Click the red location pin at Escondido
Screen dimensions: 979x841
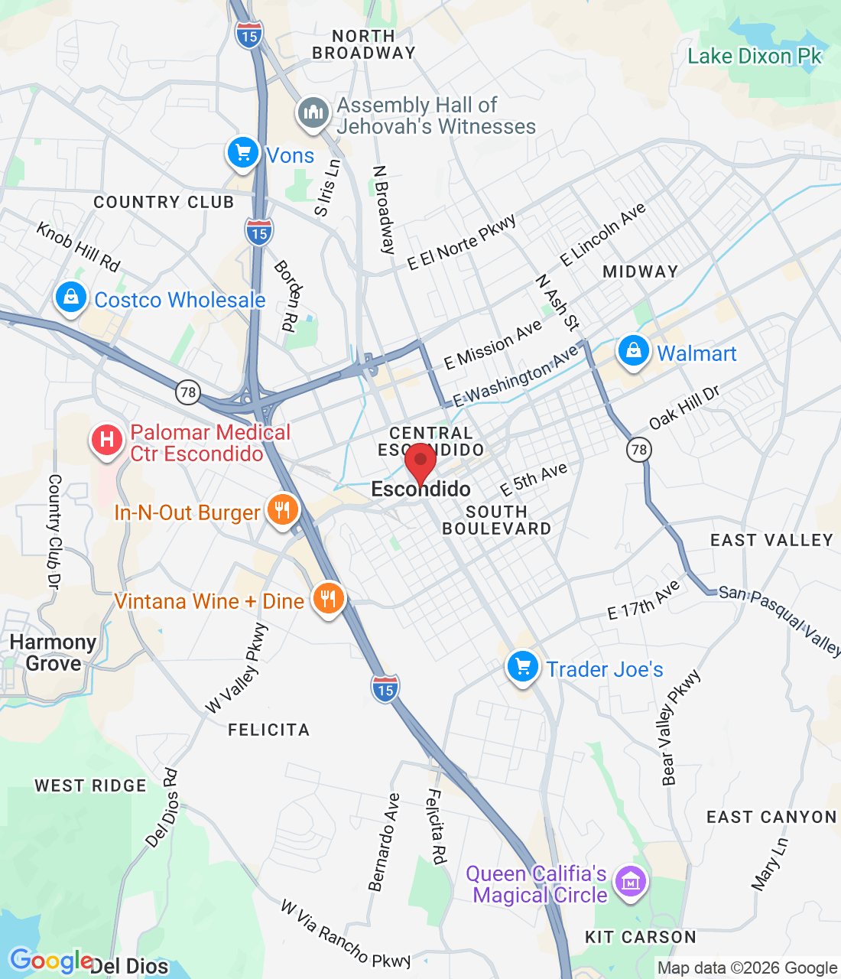420,461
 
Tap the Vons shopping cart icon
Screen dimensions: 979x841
243,153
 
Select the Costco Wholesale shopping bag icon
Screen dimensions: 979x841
71,298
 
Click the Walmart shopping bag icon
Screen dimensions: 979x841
633,352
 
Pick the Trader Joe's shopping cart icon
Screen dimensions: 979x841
523,667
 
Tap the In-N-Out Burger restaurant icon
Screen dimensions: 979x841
282,510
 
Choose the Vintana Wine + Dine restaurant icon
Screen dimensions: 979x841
328,600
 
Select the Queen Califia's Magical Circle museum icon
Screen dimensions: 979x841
631,883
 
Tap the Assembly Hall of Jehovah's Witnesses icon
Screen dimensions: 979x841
313,114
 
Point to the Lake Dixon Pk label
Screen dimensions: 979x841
754,57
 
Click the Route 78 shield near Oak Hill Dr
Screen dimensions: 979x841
639,449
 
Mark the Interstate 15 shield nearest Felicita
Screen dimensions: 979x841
385,689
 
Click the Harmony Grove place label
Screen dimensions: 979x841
53,652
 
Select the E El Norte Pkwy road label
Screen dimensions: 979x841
462,242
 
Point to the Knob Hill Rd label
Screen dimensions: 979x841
78,247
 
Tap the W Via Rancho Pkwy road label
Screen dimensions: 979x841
346,934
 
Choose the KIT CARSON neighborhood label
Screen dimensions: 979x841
640,937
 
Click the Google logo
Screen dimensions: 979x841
50,961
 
